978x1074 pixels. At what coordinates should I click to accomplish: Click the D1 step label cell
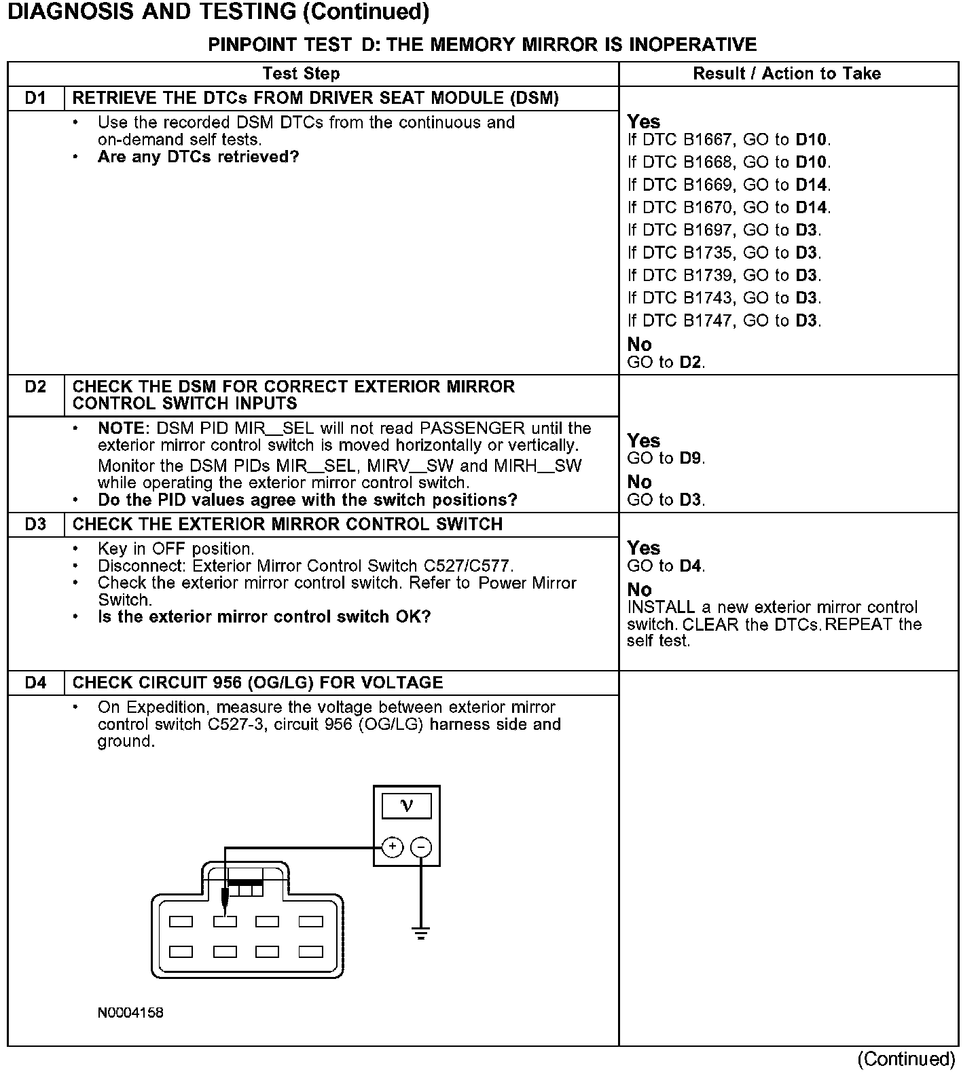(35, 98)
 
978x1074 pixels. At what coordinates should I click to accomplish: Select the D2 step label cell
(35, 387)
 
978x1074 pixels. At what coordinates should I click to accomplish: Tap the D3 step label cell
(35, 524)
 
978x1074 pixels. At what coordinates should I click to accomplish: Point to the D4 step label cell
(35, 682)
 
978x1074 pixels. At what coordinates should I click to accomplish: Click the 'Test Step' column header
(301, 73)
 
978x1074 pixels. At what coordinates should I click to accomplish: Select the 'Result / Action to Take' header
(786, 73)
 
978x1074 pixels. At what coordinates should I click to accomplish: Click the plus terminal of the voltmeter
(393, 847)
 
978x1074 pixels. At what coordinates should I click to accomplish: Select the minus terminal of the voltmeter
(421, 847)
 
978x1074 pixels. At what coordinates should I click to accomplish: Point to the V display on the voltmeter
(407, 806)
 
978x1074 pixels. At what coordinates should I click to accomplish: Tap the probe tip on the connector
(225, 910)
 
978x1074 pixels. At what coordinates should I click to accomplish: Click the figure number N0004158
(130, 1013)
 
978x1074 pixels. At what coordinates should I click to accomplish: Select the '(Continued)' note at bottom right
(906, 1059)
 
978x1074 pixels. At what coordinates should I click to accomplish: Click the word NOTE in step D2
(122, 428)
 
